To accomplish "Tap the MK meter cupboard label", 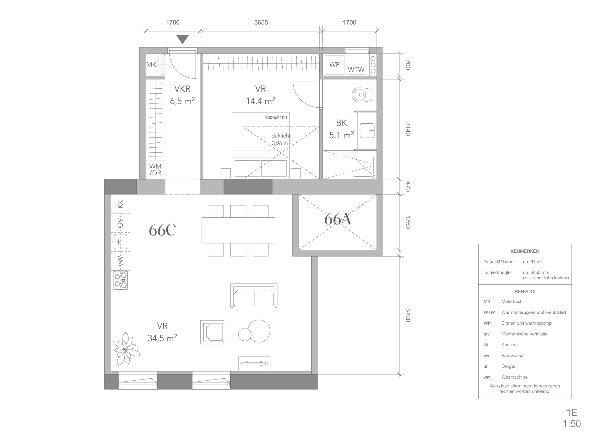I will point(151,64).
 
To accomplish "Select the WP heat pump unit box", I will point(334,65).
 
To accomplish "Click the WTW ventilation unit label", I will point(356,70).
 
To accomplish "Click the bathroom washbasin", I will point(367,130).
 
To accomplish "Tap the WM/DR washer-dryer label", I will point(155,170).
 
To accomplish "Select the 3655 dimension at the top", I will point(261,23).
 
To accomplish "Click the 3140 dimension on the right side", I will point(408,129).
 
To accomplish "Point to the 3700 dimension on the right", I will point(408,315).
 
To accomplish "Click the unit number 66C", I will point(162,230).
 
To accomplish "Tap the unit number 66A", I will point(338,220).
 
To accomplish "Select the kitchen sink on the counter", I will point(120,242).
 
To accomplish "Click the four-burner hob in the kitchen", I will point(120,280).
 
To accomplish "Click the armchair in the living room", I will point(212,332).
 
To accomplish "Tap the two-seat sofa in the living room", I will point(254,296).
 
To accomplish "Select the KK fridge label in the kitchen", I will point(120,204).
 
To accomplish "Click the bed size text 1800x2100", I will point(276,117).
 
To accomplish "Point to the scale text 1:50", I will point(572,424).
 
